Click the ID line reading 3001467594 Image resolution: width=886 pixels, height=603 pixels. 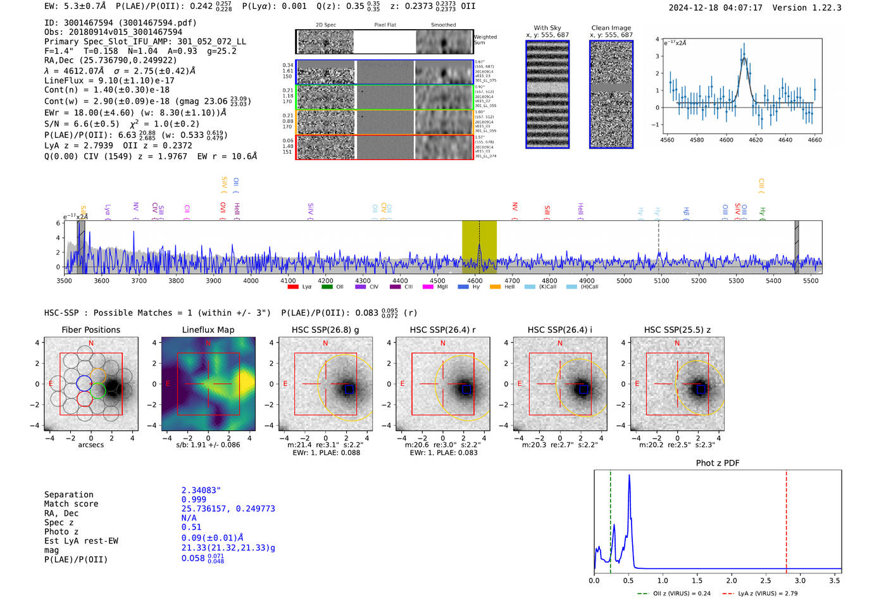click(x=120, y=23)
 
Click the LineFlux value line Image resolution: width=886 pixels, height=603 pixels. click(x=109, y=80)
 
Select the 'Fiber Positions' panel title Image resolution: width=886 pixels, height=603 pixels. click(x=90, y=330)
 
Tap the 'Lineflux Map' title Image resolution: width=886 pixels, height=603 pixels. click(x=208, y=330)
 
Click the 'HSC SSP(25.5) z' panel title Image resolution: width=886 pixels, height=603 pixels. click(x=677, y=330)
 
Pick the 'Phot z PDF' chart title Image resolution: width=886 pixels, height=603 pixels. click(x=717, y=463)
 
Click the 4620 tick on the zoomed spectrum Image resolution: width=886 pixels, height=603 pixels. click(x=756, y=140)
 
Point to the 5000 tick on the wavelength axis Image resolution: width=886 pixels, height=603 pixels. click(x=624, y=281)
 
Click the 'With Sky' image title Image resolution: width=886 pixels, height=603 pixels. click(x=547, y=28)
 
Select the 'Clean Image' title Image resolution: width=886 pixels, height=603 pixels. click(x=611, y=28)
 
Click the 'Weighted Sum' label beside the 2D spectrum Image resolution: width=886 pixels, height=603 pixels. click(x=485, y=40)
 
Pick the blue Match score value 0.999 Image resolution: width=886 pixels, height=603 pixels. click(x=194, y=500)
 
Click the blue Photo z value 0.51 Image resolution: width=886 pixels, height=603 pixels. click(x=191, y=527)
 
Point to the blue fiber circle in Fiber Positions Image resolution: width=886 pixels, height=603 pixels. click(x=84, y=383)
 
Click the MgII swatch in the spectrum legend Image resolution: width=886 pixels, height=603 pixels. click(x=428, y=287)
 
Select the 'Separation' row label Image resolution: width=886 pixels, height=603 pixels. click(x=68, y=495)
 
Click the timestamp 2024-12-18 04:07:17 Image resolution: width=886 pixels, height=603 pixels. click(x=715, y=8)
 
